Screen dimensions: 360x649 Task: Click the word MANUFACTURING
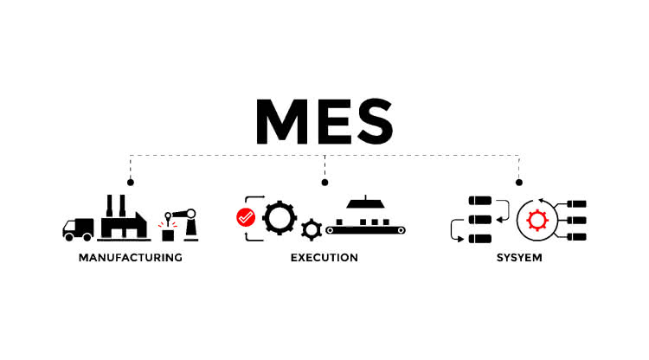pyautogui.click(x=130, y=257)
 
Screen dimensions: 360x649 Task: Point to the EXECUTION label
pyautogui.click(x=324, y=257)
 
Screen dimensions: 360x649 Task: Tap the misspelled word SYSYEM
pyautogui.click(x=518, y=257)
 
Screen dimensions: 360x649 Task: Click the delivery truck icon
pyautogui.click(x=78, y=228)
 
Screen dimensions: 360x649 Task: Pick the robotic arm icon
pyautogui.click(x=183, y=220)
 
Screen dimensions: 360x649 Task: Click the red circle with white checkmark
pyautogui.click(x=245, y=218)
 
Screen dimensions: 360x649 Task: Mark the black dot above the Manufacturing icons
pyautogui.click(x=130, y=182)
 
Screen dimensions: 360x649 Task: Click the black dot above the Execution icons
pyautogui.click(x=324, y=182)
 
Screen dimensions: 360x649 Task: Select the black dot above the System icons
pyautogui.click(x=518, y=182)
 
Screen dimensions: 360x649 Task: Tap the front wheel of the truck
pyautogui.click(x=70, y=235)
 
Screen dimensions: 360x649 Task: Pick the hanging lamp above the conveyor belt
pyautogui.click(x=365, y=204)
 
